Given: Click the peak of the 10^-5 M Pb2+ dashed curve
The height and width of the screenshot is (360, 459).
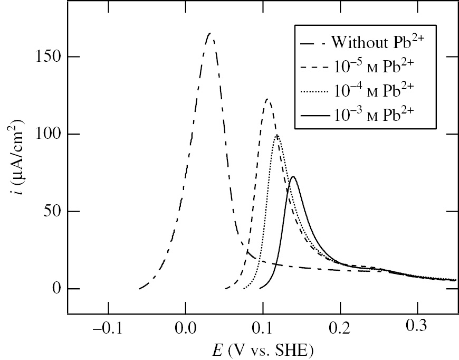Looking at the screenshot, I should coord(267,99).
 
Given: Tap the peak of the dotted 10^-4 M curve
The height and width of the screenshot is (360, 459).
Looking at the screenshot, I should coord(276,135).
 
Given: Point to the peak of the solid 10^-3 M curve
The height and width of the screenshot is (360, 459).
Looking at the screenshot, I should coord(293,177).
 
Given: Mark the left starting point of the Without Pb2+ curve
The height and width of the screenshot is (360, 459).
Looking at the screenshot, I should coord(140,289).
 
